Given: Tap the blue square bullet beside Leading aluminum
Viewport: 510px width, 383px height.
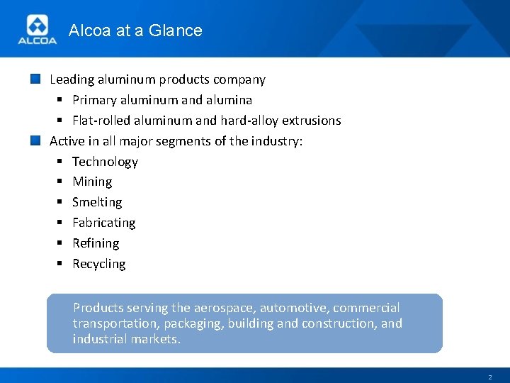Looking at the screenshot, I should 36,79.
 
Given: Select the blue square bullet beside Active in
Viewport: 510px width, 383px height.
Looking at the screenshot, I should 36,140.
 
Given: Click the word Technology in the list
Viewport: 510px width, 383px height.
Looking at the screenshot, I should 105,162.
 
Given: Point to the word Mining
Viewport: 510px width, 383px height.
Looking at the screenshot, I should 92,182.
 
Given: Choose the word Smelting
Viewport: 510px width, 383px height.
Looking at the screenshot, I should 97,202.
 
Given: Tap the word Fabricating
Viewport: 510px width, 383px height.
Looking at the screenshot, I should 103,223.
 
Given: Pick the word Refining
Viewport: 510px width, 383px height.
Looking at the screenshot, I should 96,243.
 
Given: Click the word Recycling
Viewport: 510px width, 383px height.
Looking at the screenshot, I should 98,264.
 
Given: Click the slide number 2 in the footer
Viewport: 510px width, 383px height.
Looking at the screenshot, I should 489,377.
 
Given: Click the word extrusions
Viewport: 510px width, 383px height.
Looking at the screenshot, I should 311,121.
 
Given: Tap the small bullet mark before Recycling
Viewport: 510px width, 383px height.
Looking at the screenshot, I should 61,264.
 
